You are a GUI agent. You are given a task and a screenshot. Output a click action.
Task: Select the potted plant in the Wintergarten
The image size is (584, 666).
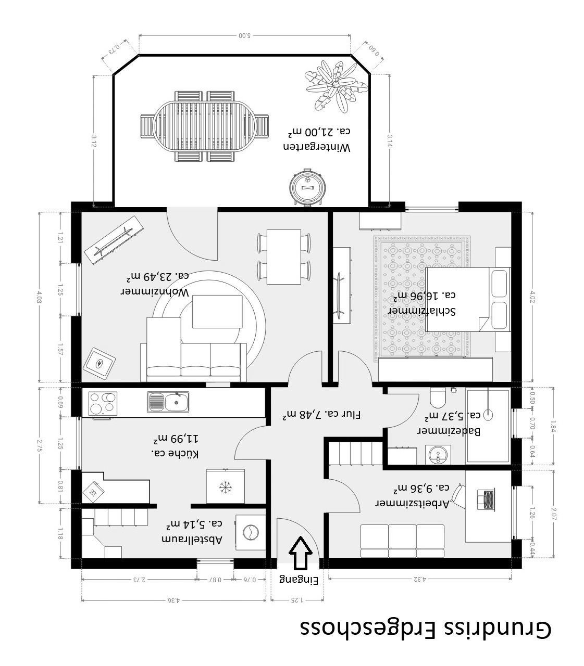336,86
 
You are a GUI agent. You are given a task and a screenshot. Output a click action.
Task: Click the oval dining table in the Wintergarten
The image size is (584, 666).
205,126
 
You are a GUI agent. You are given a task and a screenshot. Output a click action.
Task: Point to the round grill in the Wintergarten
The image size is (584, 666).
308,187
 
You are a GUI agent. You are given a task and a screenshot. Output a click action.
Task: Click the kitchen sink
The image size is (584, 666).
168,402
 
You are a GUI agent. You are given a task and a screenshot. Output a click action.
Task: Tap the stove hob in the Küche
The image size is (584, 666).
103,404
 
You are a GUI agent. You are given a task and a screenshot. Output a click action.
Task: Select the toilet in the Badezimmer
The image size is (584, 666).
437,398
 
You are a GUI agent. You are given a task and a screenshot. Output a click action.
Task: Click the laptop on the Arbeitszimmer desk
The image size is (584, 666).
486,499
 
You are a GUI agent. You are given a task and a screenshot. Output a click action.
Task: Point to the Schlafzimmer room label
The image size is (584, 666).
423,303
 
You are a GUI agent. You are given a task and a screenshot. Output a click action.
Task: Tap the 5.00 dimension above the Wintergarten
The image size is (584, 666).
244,35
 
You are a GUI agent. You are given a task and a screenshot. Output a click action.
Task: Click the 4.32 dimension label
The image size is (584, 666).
420,579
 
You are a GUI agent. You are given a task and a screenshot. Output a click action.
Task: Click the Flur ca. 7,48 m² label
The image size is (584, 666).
321,414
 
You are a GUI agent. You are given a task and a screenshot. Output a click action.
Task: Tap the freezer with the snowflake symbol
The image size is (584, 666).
225,486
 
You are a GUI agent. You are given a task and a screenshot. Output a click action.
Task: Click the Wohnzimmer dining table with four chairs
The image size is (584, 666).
283,257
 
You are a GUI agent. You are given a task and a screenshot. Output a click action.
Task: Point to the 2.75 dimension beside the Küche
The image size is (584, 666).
40,445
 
